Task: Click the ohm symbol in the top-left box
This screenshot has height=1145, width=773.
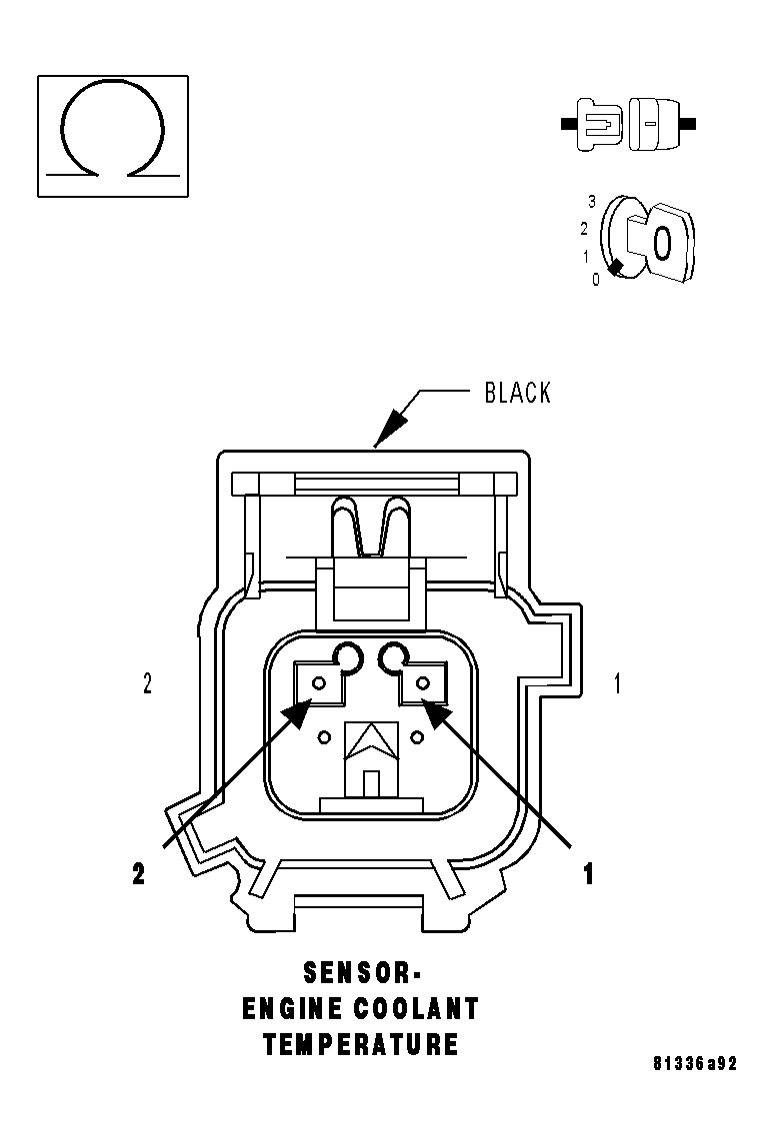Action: pos(112,134)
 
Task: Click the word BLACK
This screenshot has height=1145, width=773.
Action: pos(517,393)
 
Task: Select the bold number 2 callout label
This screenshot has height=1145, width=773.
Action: pos(139,873)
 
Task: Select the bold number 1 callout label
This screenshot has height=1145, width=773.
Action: pos(589,873)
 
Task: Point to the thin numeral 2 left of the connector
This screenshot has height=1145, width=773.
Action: pos(147,684)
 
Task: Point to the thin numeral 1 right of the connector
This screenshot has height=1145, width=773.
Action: pos(617,684)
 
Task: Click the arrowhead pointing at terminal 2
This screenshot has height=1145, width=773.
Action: pos(296,711)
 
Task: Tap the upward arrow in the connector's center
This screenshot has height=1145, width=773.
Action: pos(370,739)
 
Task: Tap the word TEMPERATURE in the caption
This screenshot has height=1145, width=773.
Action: pos(361,1045)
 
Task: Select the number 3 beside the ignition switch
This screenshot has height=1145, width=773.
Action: pos(592,202)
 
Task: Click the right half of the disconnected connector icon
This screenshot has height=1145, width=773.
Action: pos(658,125)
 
